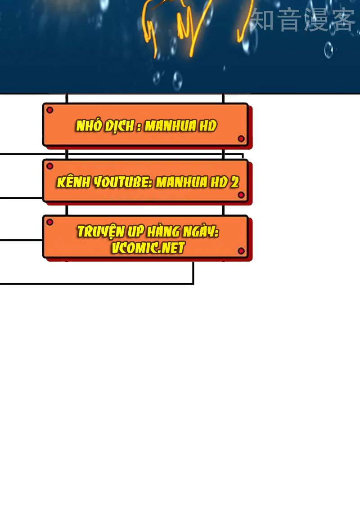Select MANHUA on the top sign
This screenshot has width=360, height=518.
(x=171, y=126)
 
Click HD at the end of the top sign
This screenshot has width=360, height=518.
(x=208, y=126)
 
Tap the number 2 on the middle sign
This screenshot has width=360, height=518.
(x=234, y=182)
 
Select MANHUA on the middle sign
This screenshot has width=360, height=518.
(x=182, y=182)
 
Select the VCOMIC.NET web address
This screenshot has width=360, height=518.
(x=148, y=247)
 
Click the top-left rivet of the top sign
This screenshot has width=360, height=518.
(x=50, y=110)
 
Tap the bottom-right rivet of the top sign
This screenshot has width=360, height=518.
(x=241, y=138)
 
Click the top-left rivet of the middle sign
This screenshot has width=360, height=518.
(x=50, y=166)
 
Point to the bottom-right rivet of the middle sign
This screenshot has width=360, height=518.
(x=241, y=195)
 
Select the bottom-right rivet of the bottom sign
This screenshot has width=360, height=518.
(x=241, y=251)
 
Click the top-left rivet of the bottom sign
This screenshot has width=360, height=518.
(x=50, y=222)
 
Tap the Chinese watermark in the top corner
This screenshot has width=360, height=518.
(x=303, y=20)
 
